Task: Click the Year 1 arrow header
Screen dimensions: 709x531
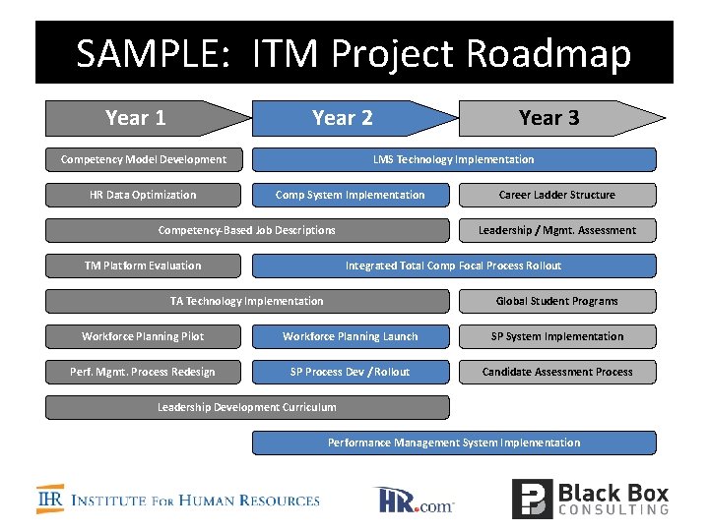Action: click(138, 118)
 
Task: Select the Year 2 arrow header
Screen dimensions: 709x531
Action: click(345, 118)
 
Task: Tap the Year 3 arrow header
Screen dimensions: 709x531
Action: click(551, 118)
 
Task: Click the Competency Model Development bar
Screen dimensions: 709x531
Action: click(144, 159)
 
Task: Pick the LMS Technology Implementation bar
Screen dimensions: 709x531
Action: click(454, 159)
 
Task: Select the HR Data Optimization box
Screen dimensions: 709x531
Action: click(144, 195)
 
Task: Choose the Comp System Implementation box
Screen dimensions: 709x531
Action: click(351, 195)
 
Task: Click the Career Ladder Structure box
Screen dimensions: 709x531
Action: click(557, 195)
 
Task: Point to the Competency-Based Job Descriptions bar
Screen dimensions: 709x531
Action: click(247, 230)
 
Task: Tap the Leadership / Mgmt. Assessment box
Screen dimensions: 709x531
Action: click(557, 230)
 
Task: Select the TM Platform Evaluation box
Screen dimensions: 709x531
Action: click(144, 265)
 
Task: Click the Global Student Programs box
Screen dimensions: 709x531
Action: click(557, 301)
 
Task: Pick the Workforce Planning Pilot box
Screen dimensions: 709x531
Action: click(144, 336)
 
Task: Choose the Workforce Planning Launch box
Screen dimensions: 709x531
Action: click(351, 336)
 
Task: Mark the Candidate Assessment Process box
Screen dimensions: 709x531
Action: click(557, 372)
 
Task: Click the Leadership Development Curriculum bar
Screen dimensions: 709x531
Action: click(247, 407)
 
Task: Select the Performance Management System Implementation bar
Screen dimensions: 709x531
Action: click(454, 442)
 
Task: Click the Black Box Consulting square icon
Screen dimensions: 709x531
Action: click(531, 499)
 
